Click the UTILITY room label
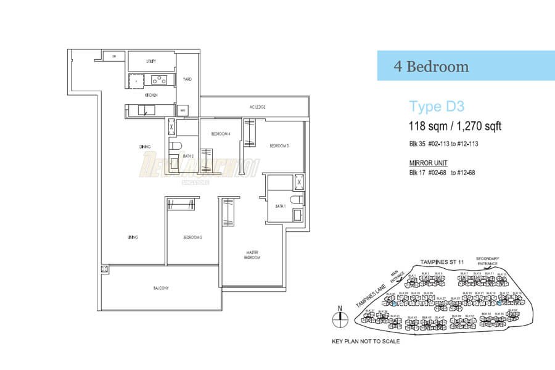tap(150, 62)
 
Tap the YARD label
tap(187, 79)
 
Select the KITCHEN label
tap(151, 96)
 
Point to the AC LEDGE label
tap(257, 107)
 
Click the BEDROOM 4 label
tap(220, 134)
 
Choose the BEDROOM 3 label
tap(279, 146)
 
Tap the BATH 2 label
tap(189, 157)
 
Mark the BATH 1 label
tap(280, 206)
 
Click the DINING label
tap(146, 147)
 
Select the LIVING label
tap(133, 237)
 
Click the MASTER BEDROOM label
tap(252, 255)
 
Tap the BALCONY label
tap(161, 288)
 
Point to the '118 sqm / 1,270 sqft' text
tap(455, 127)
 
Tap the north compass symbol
tap(339, 318)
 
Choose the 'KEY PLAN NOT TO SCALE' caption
tap(366, 341)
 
